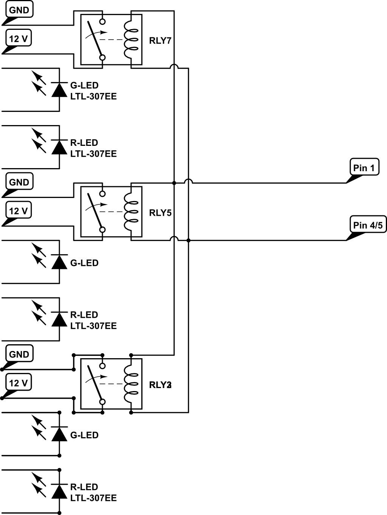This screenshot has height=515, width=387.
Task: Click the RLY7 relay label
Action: point(160,40)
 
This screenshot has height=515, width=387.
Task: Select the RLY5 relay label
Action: point(160,213)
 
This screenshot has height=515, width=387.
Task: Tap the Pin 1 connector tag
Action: point(364,167)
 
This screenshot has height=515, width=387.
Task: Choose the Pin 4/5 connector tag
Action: point(367,225)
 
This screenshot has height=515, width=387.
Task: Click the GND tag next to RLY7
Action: point(19,10)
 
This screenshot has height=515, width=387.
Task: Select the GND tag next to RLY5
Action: point(19,182)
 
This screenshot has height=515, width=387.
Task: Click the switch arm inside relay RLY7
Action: point(95,38)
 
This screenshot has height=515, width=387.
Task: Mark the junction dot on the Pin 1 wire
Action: point(174,183)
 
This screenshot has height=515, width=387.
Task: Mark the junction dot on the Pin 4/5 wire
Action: point(188,240)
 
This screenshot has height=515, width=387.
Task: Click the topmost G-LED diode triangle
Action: point(59,90)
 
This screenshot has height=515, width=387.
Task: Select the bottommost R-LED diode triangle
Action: point(59,492)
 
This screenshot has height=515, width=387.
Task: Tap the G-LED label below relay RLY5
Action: point(84,263)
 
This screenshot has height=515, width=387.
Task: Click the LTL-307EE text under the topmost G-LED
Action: point(93,96)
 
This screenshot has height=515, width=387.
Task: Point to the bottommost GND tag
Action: point(19,354)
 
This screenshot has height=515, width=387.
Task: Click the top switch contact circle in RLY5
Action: point(102,194)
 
